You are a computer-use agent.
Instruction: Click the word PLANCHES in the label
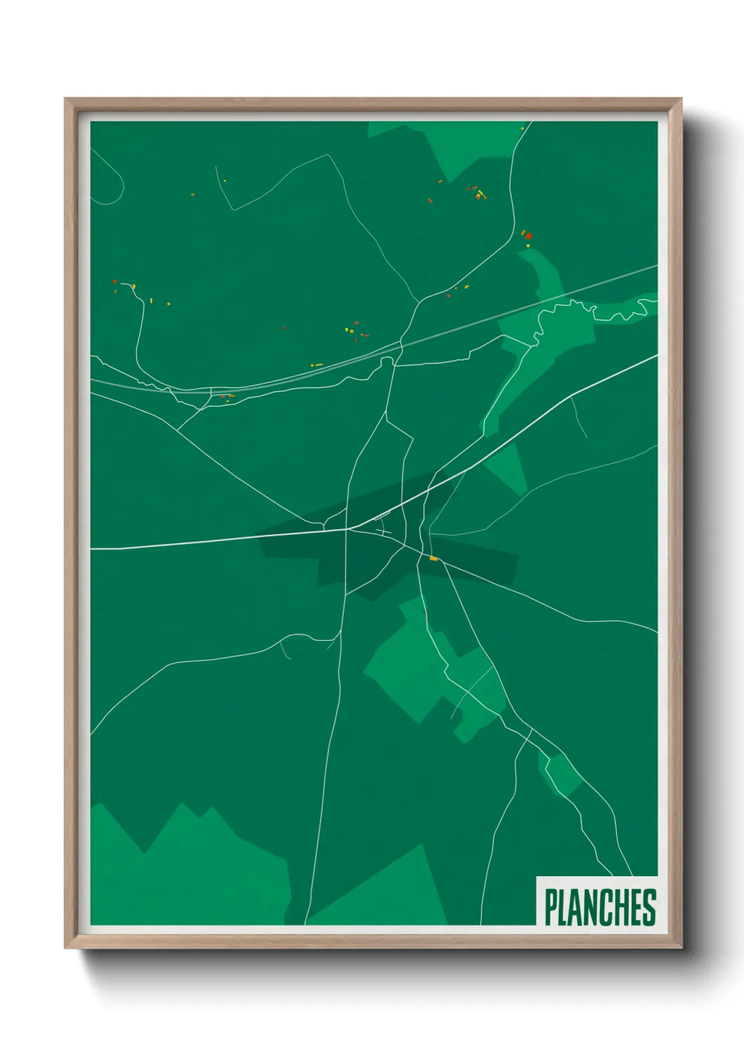click(600, 907)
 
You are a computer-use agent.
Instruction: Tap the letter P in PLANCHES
click(551, 907)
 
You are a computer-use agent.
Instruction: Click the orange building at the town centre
click(433, 559)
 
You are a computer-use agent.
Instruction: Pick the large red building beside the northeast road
click(528, 236)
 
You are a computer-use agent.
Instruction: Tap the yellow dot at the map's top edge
click(522, 128)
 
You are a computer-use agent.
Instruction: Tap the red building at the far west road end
click(115, 282)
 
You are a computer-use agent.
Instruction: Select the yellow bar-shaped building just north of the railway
click(316, 365)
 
